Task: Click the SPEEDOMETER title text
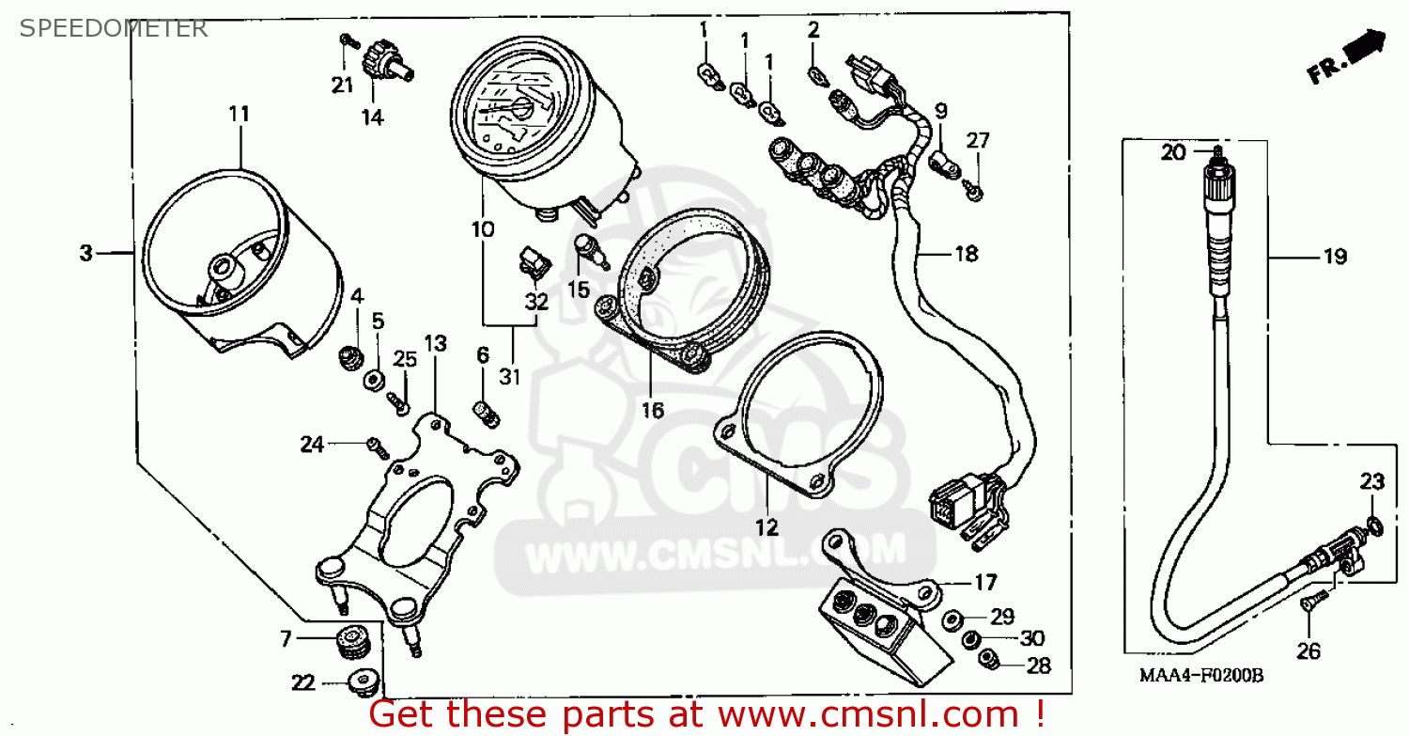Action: (114, 28)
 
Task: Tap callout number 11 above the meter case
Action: (239, 114)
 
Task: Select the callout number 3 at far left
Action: (86, 253)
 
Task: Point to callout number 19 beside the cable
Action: (1335, 257)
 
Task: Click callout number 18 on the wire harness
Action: (967, 255)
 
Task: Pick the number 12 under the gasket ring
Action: (766, 527)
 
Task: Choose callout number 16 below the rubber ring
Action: (653, 411)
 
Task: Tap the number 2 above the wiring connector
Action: (813, 29)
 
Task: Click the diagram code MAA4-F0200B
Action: (1201, 676)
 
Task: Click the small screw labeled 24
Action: (378, 448)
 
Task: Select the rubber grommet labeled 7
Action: (352, 642)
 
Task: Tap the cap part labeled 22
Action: (364, 682)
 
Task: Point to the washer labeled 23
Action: (1375, 525)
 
